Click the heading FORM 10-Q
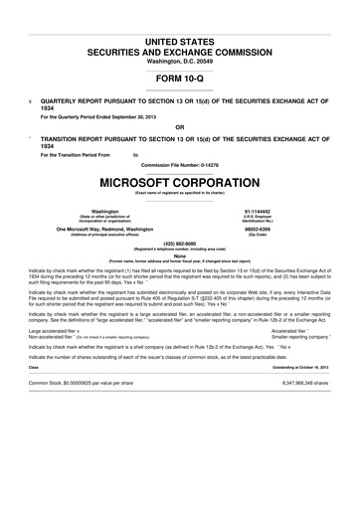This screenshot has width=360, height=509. click(x=180, y=78)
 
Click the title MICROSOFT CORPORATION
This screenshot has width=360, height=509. click(x=180, y=183)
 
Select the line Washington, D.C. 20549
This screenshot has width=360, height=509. click(x=180, y=61)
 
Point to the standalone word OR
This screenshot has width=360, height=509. click(x=180, y=127)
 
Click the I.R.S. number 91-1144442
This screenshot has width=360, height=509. click(x=286, y=212)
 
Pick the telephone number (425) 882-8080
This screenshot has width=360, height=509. click(x=180, y=243)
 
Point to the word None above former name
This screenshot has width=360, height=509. click(x=180, y=254)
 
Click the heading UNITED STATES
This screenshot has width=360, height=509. click(x=180, y=36)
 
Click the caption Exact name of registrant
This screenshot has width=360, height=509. click(x=180, y=194)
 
